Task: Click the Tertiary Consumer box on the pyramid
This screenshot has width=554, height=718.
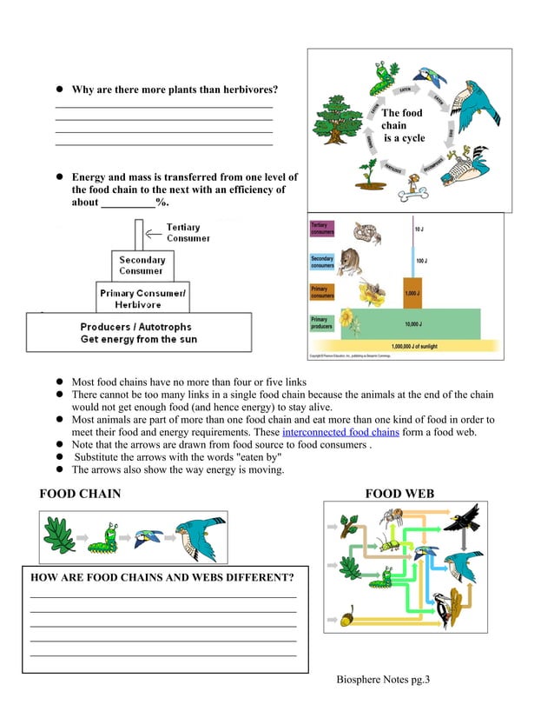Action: (138, 234)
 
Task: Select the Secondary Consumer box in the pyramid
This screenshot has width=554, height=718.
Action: (142, 265)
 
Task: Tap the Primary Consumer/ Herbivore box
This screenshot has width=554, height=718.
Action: (142, 298)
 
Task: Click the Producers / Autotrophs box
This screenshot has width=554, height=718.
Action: (139, 333)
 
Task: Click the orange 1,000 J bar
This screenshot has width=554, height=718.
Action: (412, 293)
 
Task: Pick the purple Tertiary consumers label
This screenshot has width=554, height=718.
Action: (321, 229)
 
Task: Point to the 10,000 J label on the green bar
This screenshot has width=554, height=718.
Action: (413, 324)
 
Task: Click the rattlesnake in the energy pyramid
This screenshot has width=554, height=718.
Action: (365, 231)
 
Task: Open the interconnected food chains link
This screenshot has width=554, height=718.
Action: (340, 432)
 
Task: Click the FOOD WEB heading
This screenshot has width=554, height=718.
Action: (399, 494)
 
